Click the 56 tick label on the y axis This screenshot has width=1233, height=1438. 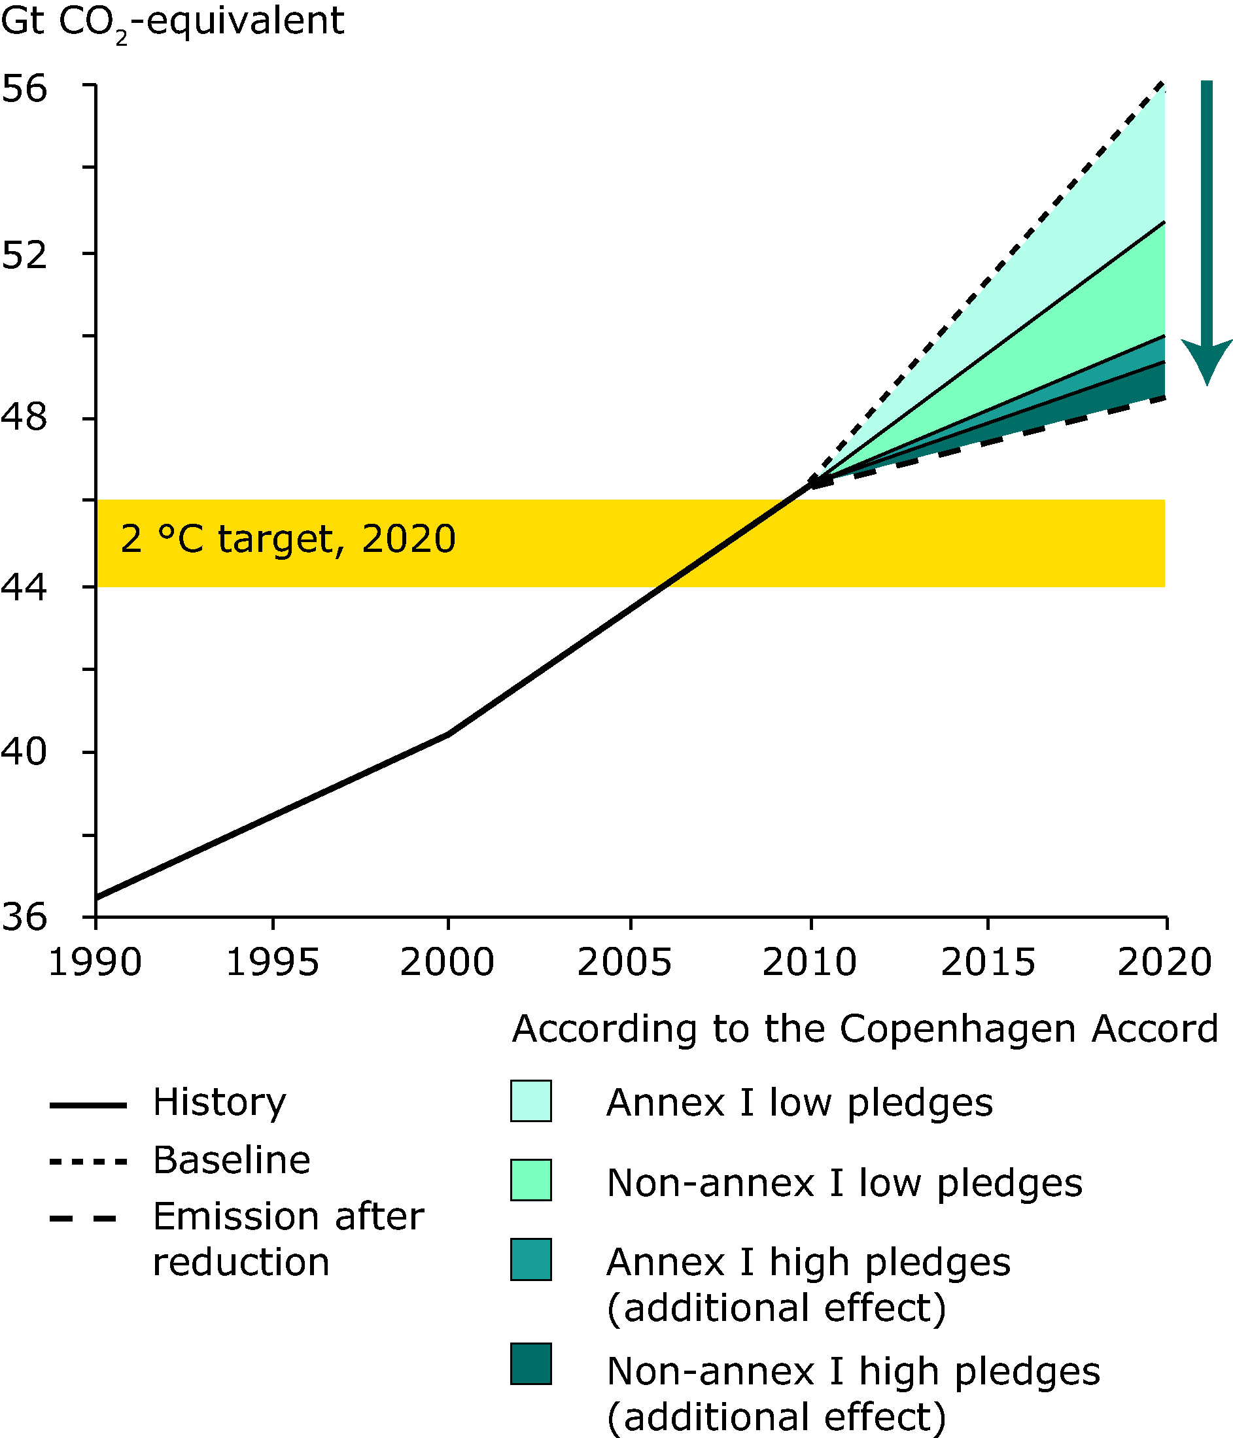24,89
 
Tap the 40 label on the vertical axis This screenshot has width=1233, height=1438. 24,751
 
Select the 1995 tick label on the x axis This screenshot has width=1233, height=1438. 273,963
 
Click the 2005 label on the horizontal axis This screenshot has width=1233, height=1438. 625,963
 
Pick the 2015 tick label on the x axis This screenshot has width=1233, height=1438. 988,963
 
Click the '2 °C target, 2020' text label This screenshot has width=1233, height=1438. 288,539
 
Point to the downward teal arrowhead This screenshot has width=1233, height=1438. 1207,361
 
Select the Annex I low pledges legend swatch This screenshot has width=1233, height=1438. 531,1101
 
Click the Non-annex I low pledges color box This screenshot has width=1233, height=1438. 531,1180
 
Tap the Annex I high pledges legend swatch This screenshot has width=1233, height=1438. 531,1259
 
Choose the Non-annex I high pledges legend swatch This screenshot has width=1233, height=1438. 531,1363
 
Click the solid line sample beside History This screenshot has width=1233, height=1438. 88,1105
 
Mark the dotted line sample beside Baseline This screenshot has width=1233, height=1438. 88,1162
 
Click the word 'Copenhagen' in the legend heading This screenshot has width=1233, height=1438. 960,1030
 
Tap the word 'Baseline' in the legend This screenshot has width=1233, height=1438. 232,1159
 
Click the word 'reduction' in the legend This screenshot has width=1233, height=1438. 241,1261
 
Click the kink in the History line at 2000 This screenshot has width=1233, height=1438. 448,734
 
